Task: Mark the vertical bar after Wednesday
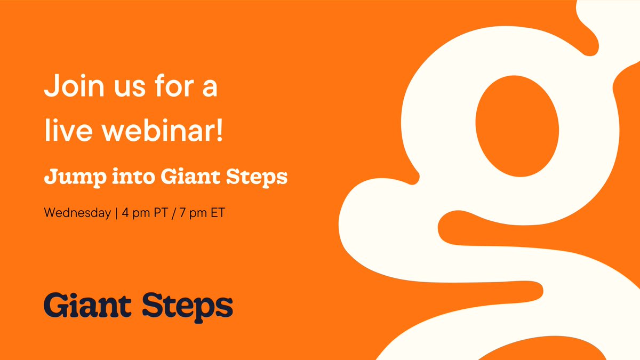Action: point(116,212)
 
